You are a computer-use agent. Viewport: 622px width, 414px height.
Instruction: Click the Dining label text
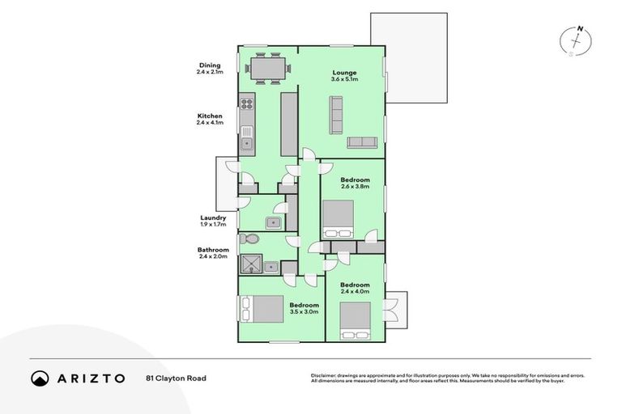(210, 65)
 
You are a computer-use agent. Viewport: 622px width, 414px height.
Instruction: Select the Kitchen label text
(210, 116)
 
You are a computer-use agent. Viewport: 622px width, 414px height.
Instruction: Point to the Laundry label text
(213, 218)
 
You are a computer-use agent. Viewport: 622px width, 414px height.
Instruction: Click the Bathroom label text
(212, 250)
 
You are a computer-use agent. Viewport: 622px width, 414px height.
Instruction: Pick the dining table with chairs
(267, 67)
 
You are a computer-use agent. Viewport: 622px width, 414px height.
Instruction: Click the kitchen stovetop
(246, 103)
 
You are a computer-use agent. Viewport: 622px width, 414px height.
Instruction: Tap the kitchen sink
(246, 144)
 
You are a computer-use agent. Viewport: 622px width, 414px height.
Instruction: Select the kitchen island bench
(288, 124)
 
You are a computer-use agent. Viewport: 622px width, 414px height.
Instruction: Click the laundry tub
(273, 222)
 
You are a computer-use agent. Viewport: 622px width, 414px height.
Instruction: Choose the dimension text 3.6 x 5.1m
(344, 80)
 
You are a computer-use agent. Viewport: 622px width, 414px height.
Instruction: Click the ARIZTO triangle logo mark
(40, 378)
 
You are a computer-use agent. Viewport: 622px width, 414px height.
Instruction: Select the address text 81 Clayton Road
(176, 378)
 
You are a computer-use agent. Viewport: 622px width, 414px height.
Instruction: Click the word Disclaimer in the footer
(324, 375)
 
